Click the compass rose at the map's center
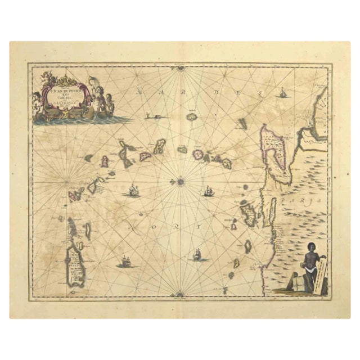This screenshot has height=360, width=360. (181, 181)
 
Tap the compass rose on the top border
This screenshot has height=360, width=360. (181, 69)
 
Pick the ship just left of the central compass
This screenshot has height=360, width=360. (134, 191)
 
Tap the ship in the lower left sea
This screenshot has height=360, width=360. (124, 262)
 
